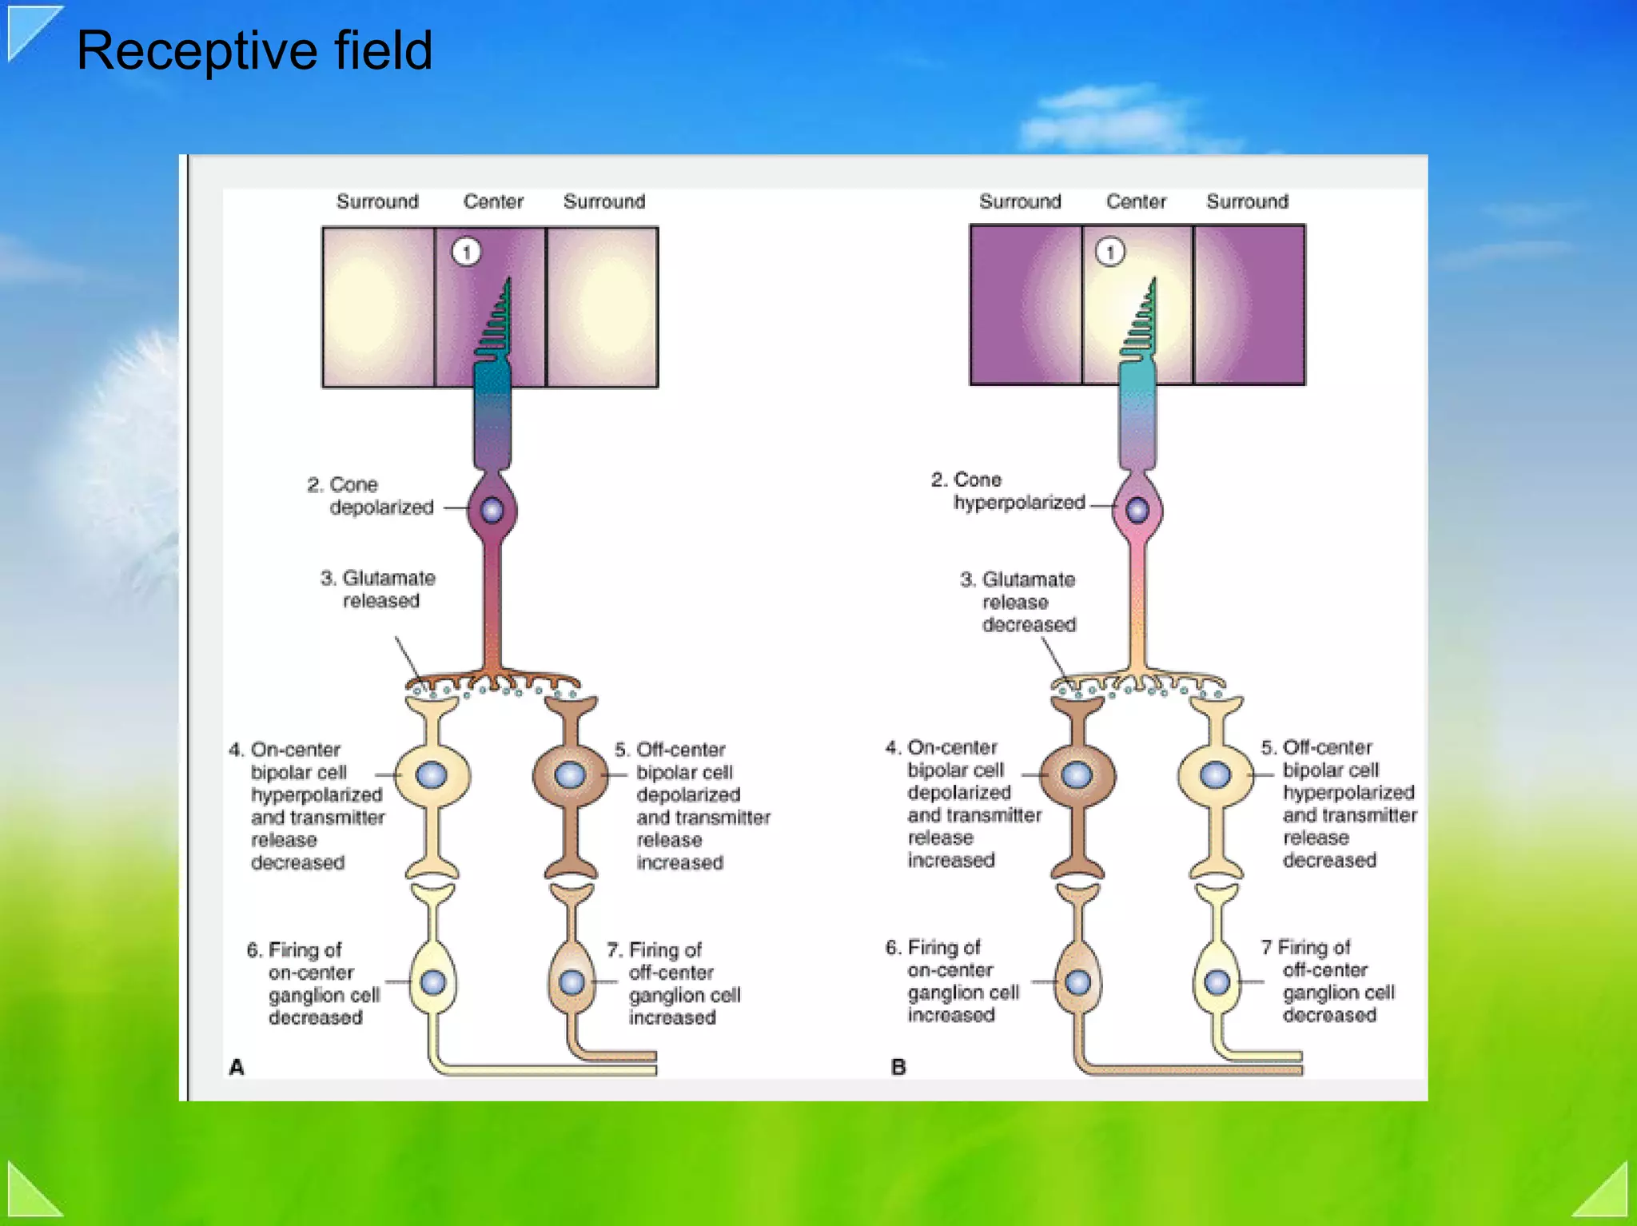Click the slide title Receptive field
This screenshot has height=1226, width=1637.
click(x=254, y=50)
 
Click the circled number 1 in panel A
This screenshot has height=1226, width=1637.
click(x=467, y=253)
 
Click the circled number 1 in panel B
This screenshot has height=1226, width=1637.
click(x=1109, y=253)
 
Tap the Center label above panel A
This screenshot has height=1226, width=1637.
click(x=493, y=201)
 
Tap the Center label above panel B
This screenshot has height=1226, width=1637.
click(x=1136, y=201)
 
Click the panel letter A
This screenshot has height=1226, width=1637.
click(x=237, y=1067)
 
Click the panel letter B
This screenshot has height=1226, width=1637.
click(x=898, y=1067)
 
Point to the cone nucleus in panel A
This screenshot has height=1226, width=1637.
click(x=492, y=509)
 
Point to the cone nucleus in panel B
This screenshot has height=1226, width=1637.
click(x=1137, y=509)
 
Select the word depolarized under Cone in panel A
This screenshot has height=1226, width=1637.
click(x=381, y=508)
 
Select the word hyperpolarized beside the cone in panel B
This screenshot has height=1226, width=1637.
click(x=1019, y=503)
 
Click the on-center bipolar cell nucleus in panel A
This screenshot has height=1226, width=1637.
click(x=432, y=774)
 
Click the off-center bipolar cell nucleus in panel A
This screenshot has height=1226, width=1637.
click(x=570, y=774)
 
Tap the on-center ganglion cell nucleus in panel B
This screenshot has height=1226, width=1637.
click(x=1077, y=981)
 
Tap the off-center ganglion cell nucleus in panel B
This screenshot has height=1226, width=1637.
click(x=1217, y=981)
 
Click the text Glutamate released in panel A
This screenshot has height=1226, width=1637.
click(x=379, y=589)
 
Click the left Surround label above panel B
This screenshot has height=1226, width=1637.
click(x=1020, y=201)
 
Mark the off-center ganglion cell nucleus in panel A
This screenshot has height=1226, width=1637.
click(x=572, y=982)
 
